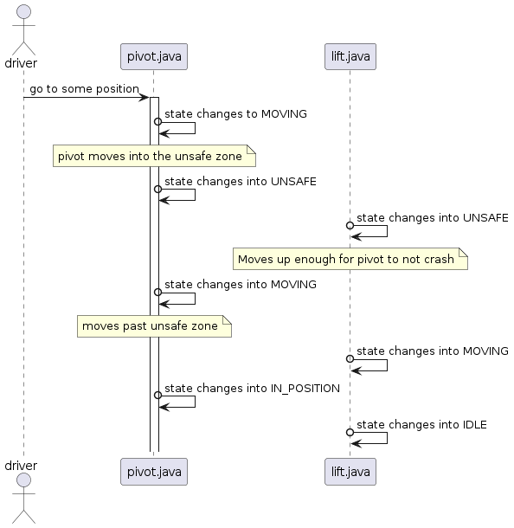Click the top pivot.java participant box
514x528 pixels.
point(153,57)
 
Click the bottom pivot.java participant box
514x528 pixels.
point(153,472)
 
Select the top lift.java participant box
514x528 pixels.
point(350,57)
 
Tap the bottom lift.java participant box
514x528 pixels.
point(350,472)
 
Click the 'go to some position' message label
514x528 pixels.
point(83,89)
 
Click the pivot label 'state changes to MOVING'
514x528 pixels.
point(235,113)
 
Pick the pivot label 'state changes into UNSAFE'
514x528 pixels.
point(240,181)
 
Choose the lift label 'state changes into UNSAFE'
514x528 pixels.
point(432,217)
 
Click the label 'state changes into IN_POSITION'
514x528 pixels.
point(252,388)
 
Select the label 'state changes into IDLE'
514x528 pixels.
point(421,424)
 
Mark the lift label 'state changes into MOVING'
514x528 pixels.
point(432,351)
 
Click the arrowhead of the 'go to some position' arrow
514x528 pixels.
point(145,97)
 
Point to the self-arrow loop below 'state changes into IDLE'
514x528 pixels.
point(372,438)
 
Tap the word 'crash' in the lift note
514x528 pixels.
point(438,259)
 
